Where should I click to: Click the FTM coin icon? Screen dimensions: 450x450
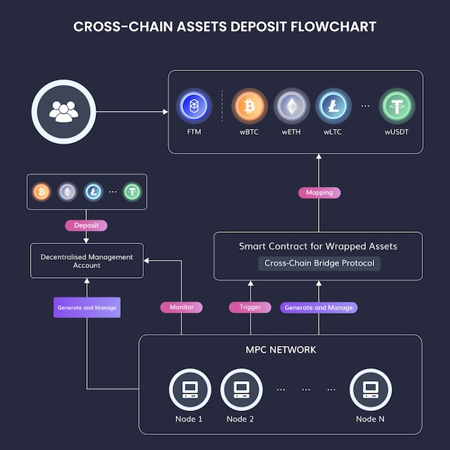coord(194,106)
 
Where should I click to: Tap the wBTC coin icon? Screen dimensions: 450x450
coord(249,106)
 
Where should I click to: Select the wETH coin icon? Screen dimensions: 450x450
coord(292,106)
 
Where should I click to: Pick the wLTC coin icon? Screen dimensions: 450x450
coord(334,106)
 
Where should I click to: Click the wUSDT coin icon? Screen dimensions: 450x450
coord(397,106)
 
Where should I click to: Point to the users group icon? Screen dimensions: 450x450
coord(64,112)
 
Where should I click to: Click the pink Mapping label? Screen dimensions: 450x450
coord(319,192)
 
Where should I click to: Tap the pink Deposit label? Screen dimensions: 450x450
coord(86,225)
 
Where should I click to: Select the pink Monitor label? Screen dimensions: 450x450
coord(181,308)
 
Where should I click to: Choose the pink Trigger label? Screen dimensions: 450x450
coord(250,308)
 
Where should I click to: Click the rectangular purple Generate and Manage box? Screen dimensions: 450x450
coord(87,308)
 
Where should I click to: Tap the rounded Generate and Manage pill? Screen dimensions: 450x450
coord(319,308)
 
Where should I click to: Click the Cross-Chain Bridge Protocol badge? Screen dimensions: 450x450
coord(319,264)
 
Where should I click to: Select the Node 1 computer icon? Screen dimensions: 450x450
coord(190,390)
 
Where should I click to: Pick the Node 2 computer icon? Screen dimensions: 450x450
coord(241,390)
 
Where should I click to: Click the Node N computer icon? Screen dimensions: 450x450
coord(370,390)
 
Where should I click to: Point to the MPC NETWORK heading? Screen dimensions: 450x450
coord(281,350)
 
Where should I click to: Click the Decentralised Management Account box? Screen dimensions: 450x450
coord(87,261)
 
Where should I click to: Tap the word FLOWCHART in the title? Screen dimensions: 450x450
coord(333,27)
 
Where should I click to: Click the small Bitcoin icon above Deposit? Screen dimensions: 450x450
coord(42,192)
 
